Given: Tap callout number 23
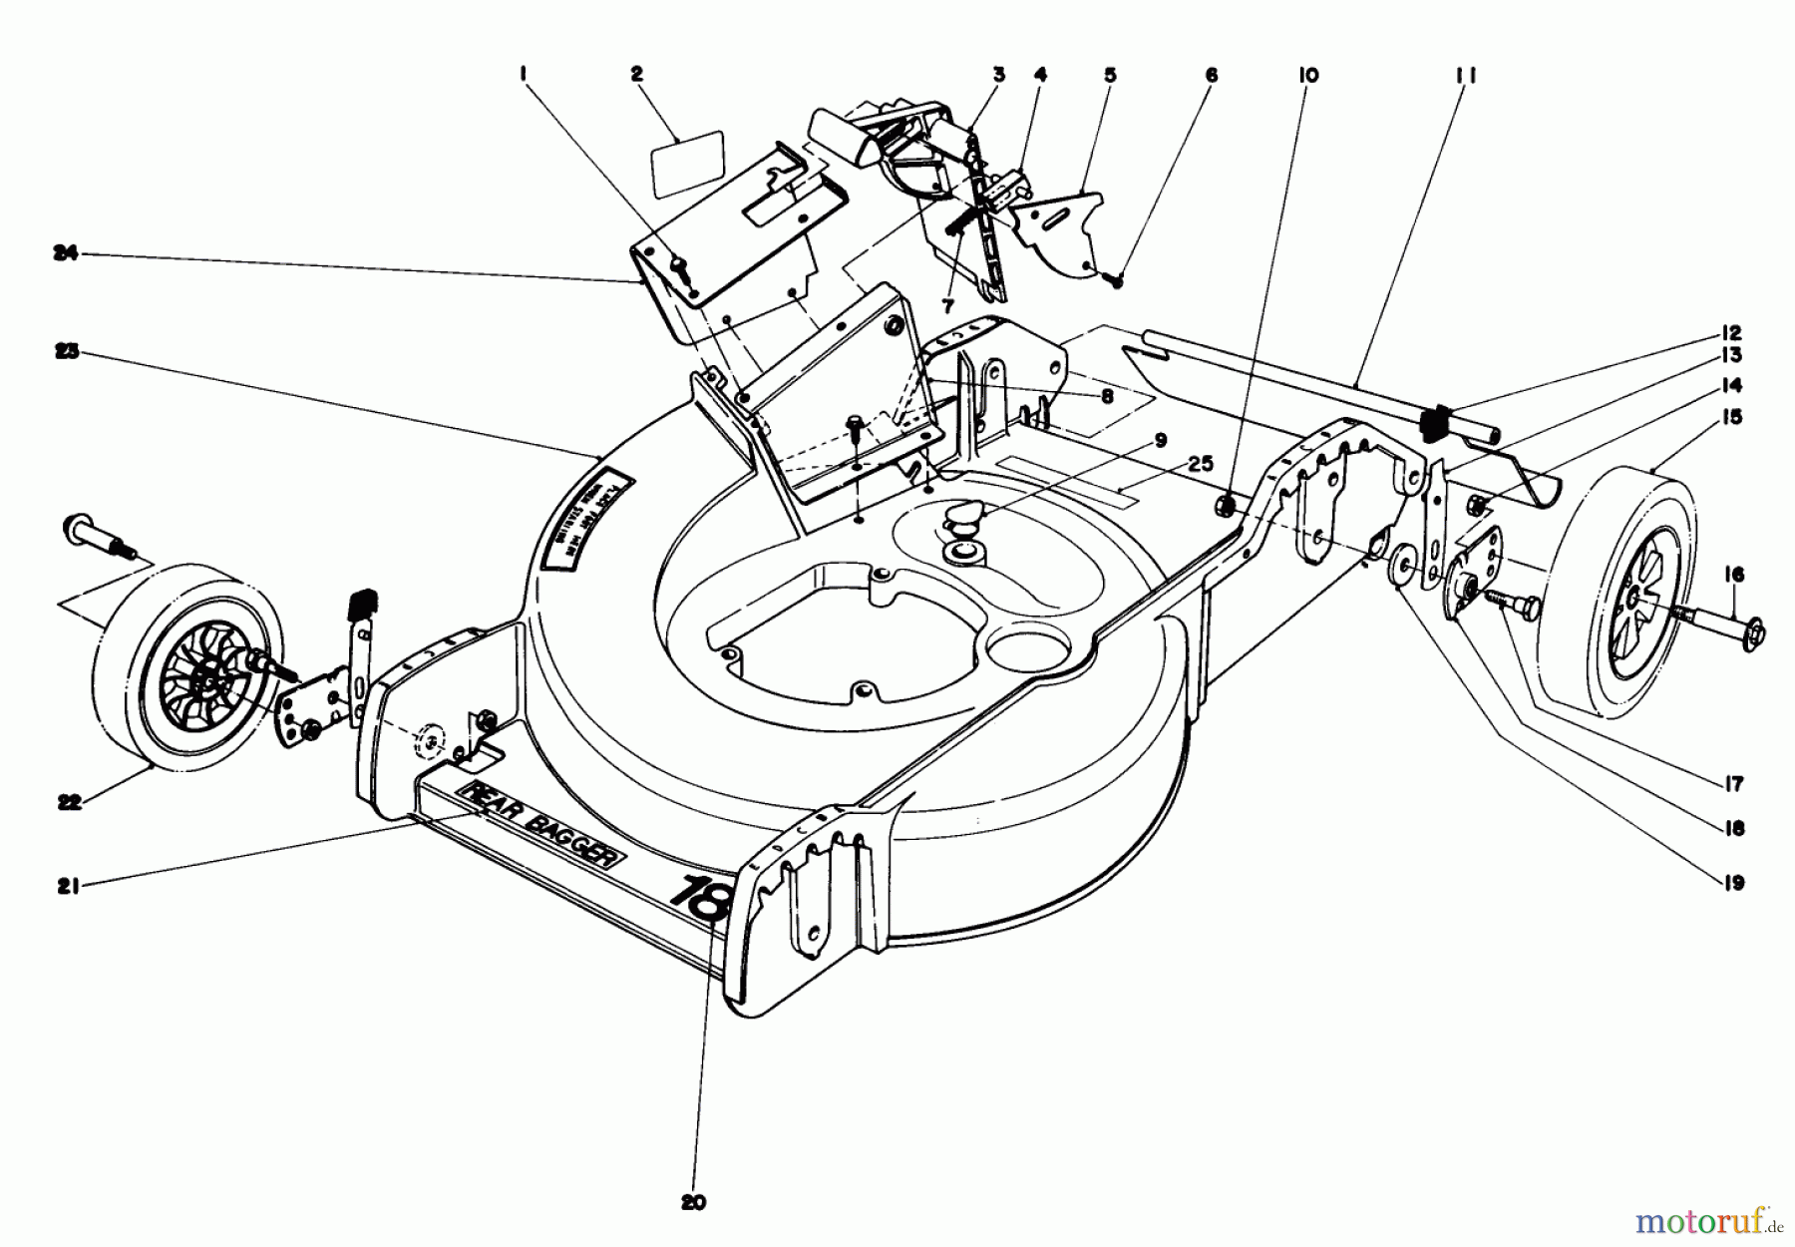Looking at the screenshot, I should point(66,352).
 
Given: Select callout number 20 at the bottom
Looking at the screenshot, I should point(694,1203).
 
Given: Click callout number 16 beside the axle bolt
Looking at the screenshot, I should point(1734,575).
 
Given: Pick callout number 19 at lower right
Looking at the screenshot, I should point(1734,883).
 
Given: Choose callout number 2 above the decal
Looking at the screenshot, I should point(637,74).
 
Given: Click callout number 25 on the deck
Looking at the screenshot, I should point(1202,464).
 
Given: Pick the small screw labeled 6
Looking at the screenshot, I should point(1116,281).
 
